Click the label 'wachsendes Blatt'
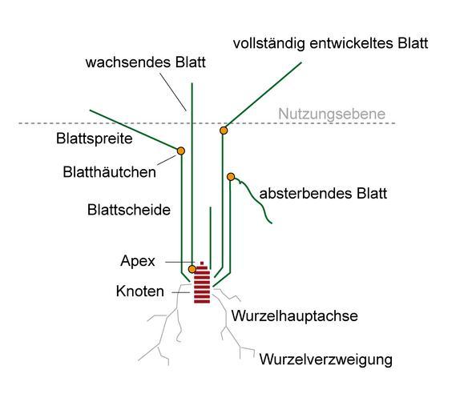point(145,62)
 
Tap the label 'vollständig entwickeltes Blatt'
point(330,43)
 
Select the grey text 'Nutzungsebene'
point(332,114)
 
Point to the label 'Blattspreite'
point(94,139)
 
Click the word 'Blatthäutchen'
point(109,172)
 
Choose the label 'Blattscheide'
point(129,210)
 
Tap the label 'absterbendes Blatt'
point(323,194)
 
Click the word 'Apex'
point(138,261)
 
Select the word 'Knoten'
point(140,291)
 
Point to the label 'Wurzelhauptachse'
point(294,316)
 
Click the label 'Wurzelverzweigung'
point(325,360)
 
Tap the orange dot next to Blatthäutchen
point(181,151)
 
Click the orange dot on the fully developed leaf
point(224,131)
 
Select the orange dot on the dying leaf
point(231,176)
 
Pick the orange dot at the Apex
point(192,269)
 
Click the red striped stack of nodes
point(202,284)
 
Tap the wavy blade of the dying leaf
point(254,199)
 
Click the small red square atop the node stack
point(202,263)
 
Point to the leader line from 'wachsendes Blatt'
point(173,92)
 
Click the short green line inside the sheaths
point(211,238)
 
